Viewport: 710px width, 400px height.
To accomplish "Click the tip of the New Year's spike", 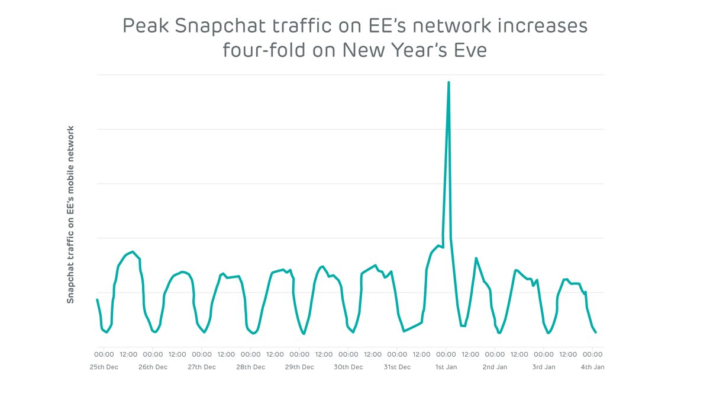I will [448, 82].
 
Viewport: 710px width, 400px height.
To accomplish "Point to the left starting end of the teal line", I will [98, 300].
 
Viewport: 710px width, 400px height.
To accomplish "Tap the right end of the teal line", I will [595, 332].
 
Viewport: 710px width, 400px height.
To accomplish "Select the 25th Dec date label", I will [105, 367].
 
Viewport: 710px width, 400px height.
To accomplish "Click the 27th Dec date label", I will [202, 367].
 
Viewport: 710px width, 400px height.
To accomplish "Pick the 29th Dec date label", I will [299, 367].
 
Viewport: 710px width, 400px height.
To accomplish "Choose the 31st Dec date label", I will [396, 367].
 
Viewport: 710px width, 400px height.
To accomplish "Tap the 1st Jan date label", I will [446, 367].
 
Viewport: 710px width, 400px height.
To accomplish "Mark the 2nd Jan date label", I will [495, 367].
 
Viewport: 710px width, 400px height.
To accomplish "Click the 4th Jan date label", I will [592, 367].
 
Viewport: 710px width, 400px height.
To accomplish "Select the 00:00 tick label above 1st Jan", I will [446, 354].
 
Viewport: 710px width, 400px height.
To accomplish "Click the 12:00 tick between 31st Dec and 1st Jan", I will [421, 354].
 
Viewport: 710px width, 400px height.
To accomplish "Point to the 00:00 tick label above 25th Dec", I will [105, 354].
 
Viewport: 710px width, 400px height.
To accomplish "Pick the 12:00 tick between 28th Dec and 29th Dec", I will [275, 354].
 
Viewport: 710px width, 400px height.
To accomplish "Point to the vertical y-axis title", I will [70, 214].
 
